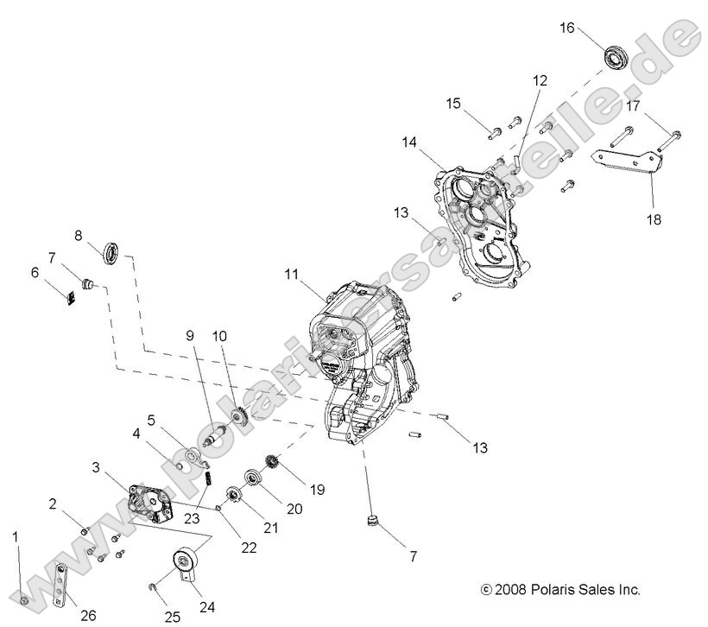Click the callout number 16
coord(566,28)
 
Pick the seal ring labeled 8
coord(111,252)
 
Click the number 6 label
coord(35,272)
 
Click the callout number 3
coord(96,467)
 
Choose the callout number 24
coord(206,605)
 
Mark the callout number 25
coord(172,616)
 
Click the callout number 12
coord(540,80)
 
